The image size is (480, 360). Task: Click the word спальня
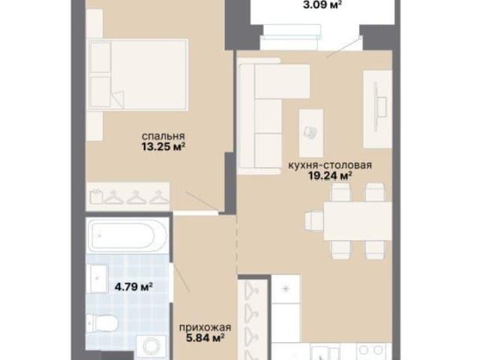click(163, 136)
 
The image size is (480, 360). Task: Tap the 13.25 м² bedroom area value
click(163, 147)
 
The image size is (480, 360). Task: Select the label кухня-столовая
click(330, 165)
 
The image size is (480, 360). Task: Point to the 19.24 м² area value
click(330, 176)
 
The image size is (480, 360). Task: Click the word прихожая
click(205, 328)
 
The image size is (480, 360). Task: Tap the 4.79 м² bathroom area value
click(133, 286)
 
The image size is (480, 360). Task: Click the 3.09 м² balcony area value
click(322, 4)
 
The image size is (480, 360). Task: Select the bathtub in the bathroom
click(127, 235)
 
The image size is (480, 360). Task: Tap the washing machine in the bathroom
click(151, 346)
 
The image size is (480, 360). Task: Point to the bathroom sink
click(97, 277)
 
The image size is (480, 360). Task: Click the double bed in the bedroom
click(138, 74)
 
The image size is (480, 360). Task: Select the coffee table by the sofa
click(311, 133)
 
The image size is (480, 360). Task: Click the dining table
click(358, 221)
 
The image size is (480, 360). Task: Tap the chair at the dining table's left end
click(314, 221)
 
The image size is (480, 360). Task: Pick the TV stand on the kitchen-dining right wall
click(377, 109)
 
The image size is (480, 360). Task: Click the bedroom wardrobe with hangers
click(127, 196)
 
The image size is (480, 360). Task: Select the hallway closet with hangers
click(253, 319)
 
